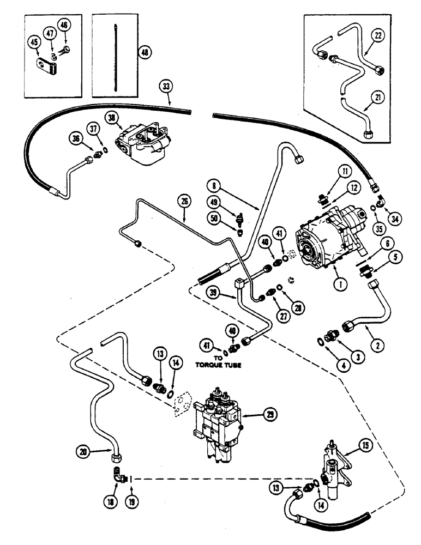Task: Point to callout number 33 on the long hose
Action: click(166, 86)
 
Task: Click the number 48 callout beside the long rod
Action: click(145, 53)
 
